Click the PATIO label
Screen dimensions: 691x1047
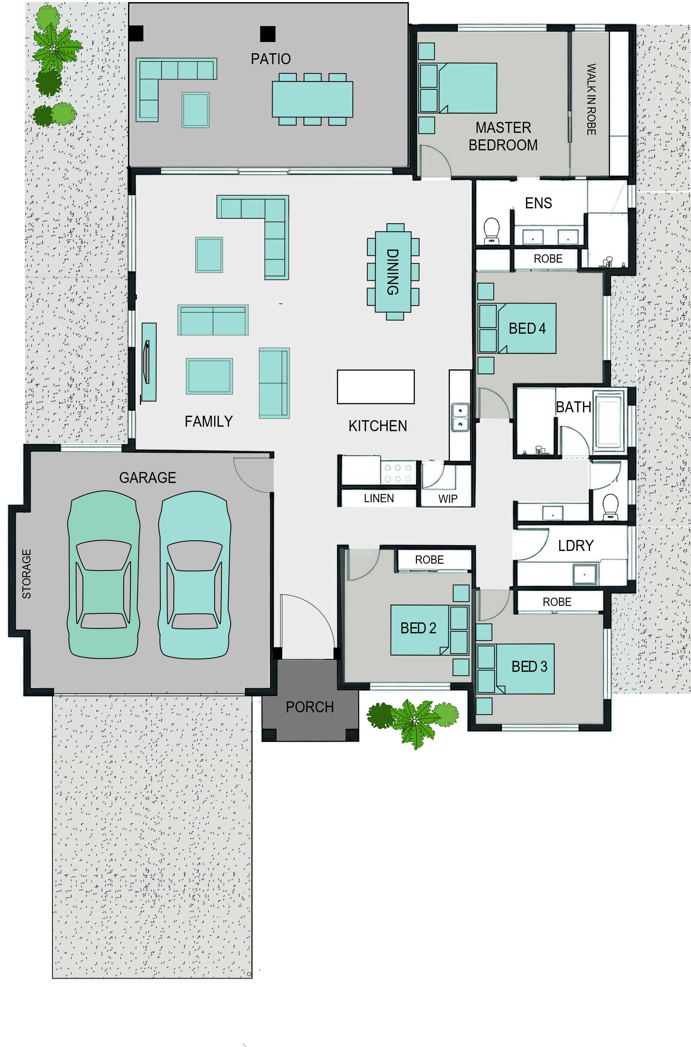click(x=271, y=59)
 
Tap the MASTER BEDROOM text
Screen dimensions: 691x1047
click(x=503, y=136)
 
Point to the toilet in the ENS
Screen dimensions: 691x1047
click(x=491, y=231)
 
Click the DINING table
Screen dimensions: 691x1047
click(x=393, y=272)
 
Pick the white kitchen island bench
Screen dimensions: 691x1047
click(x=375, y=387)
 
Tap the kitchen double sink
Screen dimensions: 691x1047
click(x=460, y=417)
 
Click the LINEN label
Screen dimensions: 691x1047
click(x=378, y=498)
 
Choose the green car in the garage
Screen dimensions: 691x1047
click(x=104, y=575)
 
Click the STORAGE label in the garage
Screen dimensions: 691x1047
click(x=26, y=574)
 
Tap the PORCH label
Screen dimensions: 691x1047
click(x=310, y=707)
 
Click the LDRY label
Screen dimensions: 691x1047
click(x=575, y=546)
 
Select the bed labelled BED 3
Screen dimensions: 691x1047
click(x=516, y=669)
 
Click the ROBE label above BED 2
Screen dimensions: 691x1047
click(x=429, y=560)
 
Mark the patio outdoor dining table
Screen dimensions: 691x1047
click(x=313, y=99)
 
